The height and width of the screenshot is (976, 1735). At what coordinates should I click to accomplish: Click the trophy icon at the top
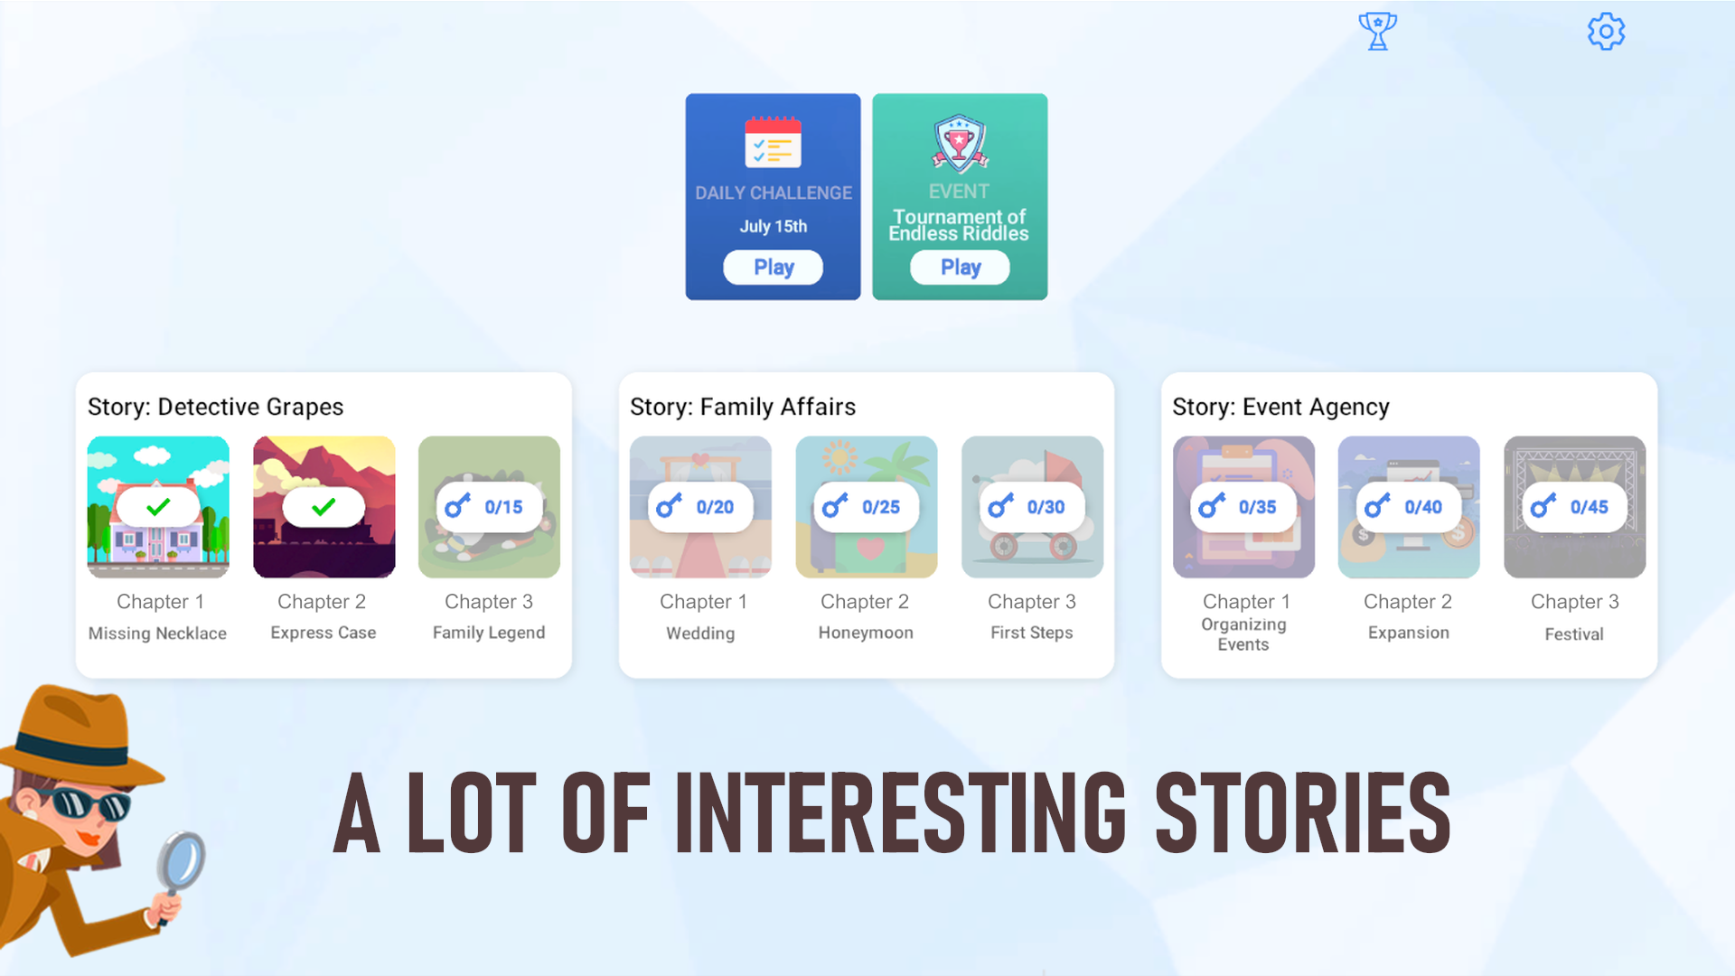tap(1377, 32)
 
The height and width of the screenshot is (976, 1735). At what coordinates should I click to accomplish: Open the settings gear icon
tap(1606, 32)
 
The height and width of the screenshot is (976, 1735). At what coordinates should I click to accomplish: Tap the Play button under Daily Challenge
tap(773, 267)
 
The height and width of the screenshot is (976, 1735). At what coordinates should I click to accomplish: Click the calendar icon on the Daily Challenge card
tap(773, 142)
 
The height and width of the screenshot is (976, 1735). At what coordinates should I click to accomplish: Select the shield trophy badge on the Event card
tap(960, 143)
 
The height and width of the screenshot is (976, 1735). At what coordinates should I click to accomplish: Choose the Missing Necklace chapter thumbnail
tap(158, 507)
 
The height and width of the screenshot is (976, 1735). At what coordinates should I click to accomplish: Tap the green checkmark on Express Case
tap(324, 507)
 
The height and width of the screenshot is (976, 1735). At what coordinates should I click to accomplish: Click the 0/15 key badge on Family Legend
tap(489, 507)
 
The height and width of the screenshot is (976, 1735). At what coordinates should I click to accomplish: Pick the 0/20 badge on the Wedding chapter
tap(700, 507)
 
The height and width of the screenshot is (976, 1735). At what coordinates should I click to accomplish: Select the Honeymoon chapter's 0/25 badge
tap(866, 507)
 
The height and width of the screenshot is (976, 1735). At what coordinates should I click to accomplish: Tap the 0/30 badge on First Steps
tap(1032, 507)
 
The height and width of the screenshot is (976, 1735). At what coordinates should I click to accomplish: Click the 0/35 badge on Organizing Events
tap(1243, 507)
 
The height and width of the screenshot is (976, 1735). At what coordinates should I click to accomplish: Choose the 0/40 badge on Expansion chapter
tap(1409, 507)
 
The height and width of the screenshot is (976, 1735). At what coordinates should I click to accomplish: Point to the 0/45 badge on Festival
tap(1575, 507)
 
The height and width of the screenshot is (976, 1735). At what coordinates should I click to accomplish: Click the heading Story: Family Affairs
tap(743, 407)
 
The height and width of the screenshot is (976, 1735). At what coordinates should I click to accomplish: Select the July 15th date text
tap(774, 226)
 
